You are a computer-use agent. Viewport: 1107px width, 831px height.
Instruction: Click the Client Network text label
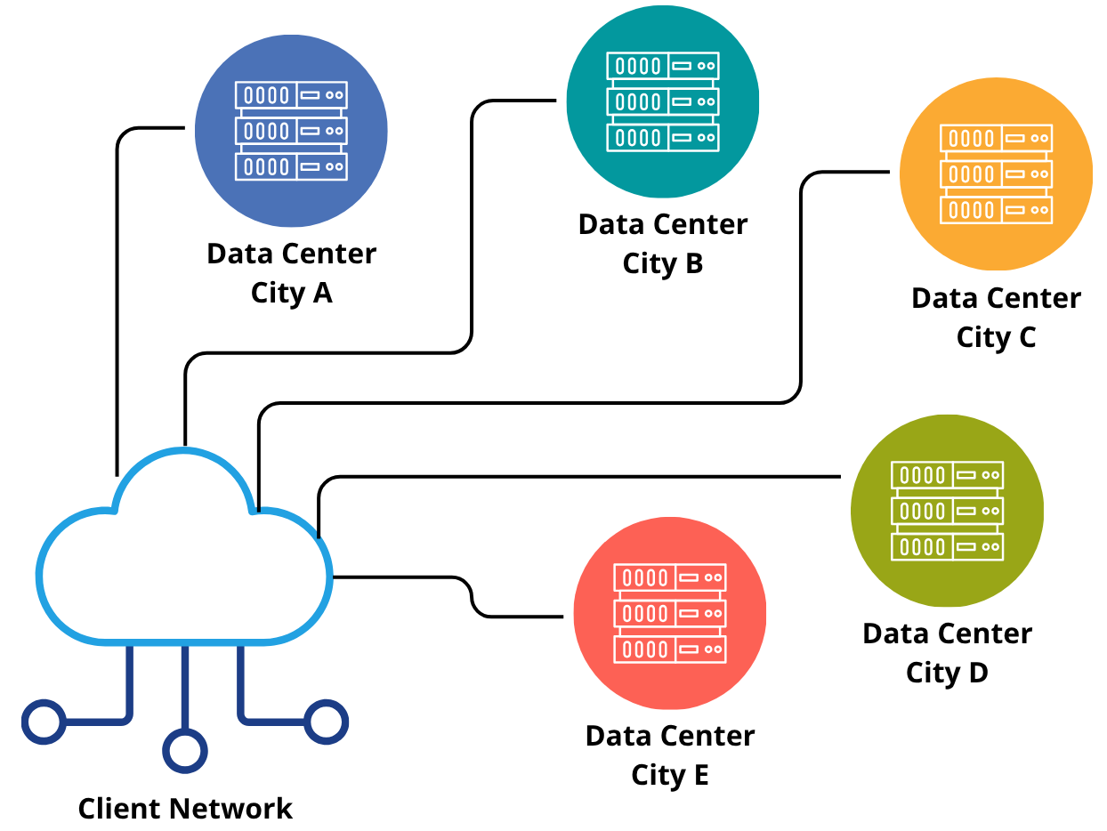pos(185,809)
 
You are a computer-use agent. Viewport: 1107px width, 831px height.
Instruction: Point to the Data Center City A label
pos(291,272)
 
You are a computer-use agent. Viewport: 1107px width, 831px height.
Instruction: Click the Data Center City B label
pos(663,243)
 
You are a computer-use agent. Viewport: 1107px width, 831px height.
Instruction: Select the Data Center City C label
pos(996,318)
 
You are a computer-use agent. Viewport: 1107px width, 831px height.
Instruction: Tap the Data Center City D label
pos(947,653)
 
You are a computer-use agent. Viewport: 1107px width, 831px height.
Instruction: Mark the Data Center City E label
pos(670,754)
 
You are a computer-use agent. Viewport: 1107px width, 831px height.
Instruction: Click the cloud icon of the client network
pos(184,569)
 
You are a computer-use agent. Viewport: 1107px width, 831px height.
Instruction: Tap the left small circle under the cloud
pos(43,722)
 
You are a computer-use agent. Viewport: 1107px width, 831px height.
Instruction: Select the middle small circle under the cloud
pos(185,751)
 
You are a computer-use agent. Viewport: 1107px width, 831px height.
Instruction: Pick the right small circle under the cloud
pos(326,722)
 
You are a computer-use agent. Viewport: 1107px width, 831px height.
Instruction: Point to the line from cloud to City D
pos(578,477)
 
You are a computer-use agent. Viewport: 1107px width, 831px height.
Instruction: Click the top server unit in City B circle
pos(663,66)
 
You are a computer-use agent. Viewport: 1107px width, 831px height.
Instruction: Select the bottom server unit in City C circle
pos(996,210)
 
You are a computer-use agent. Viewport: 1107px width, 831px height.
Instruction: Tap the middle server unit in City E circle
pos(670,613)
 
